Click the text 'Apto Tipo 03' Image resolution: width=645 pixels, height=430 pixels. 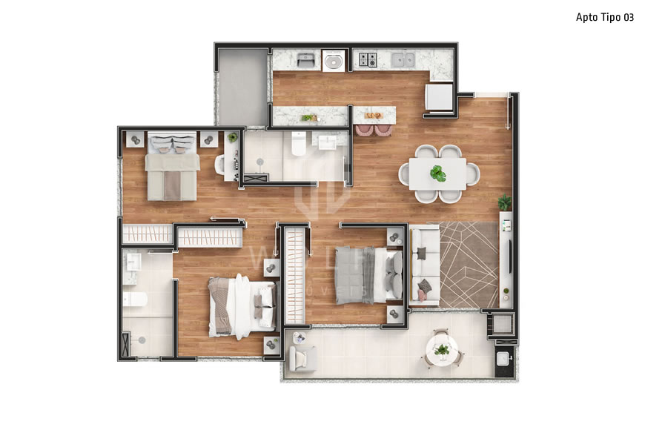tap(605, 17)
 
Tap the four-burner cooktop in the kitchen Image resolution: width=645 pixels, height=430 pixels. tap(367, 59)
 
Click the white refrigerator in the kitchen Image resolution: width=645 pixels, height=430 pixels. tap(438, 97)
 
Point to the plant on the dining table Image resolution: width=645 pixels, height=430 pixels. tap(438, 173)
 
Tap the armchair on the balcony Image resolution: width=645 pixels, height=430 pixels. tap(301, 358)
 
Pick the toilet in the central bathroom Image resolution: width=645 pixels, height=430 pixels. tap(298, 143)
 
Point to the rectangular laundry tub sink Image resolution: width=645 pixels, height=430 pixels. tap(305, 59)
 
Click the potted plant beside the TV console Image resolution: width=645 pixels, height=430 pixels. tap(505, 202)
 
